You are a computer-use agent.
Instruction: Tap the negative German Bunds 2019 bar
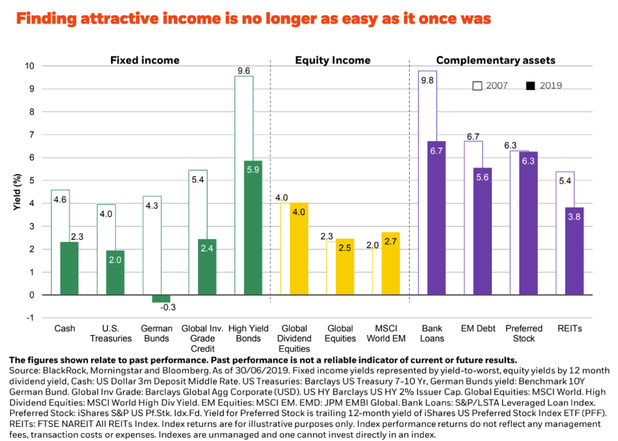pyautogui.click(x=161, y=298)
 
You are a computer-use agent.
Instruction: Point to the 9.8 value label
pyautogui.click(x=426, y=80)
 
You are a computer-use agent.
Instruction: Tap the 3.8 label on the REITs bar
pyautogui.click(x=574, y=218)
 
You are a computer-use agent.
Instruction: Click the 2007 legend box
pyautogui.click(x=477, y=85)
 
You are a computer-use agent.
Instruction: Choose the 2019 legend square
pyautogui.click(x=530, y=85)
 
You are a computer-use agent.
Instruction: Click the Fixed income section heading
pyautogui.click(x=145, y=60)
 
